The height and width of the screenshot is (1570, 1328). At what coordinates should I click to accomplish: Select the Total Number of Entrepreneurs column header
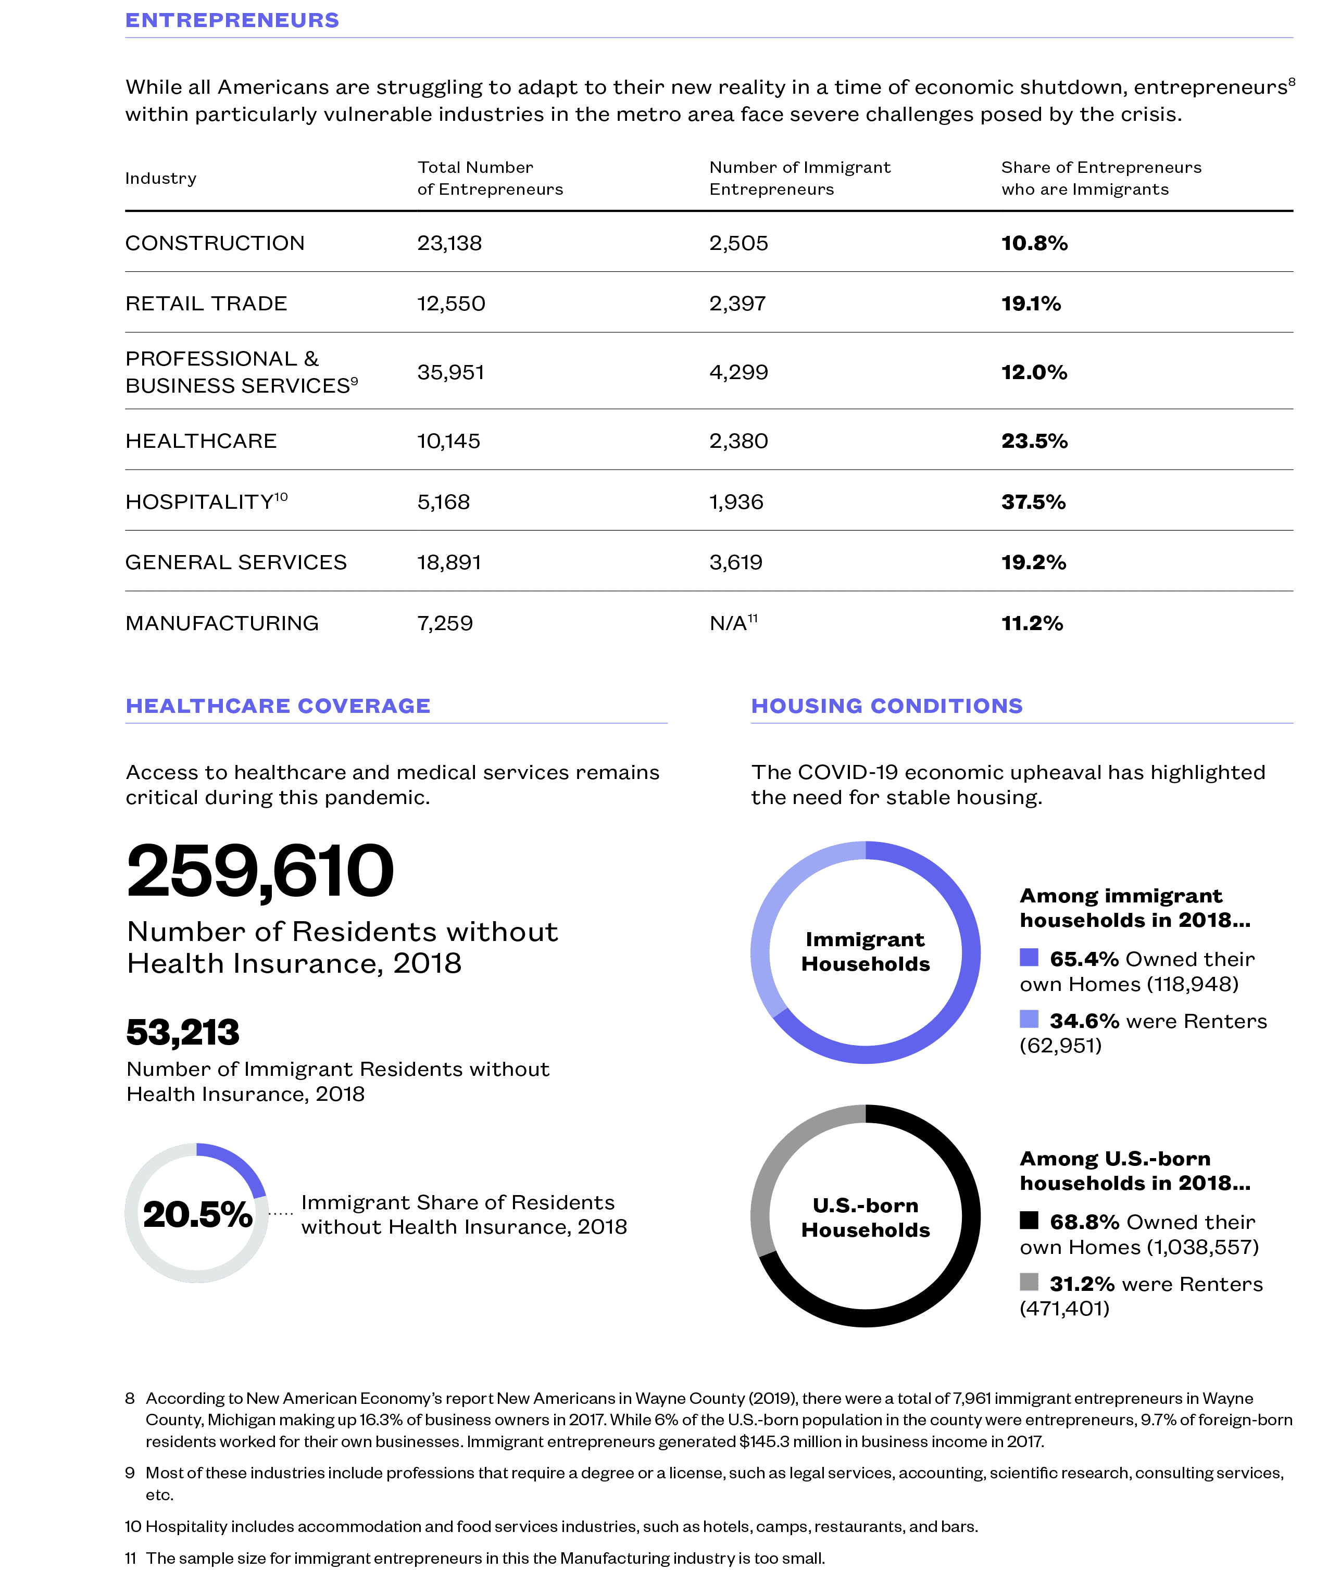pyautogui.click(x=490, y=179)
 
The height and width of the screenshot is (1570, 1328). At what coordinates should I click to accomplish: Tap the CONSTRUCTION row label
pyautogui.click(x=215, y=243)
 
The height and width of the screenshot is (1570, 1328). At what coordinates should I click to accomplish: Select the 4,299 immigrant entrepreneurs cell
pyautogui.click(x=738, y=372)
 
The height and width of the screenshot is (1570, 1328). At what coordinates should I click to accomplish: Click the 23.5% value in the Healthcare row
pyautogui.click(x=1034, y=441)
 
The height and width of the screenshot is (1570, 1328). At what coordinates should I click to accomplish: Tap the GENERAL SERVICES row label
pyautogui.click(x=235, y=562)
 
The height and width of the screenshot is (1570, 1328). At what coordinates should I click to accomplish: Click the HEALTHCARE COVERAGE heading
pyautogui.click(x=278, y=706)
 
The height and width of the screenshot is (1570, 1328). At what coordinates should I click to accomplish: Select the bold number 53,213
pyautogui.click(x=183, y=1032)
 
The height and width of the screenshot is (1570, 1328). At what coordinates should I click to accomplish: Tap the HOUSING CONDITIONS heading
pyautogui.click(x=887, y=706)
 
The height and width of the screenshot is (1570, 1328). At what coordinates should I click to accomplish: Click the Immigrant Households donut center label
pyautogui.click(x=866, y=951)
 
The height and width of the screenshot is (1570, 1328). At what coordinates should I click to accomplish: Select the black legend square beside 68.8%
pyautogui.click(x=1029, y=1220)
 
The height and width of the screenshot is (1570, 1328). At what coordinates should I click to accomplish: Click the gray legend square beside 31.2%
pyautogui.click(x=1029, y=1282)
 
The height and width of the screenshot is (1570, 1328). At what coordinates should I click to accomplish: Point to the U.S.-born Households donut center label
pyautogui.click(x=866, y=1217)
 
